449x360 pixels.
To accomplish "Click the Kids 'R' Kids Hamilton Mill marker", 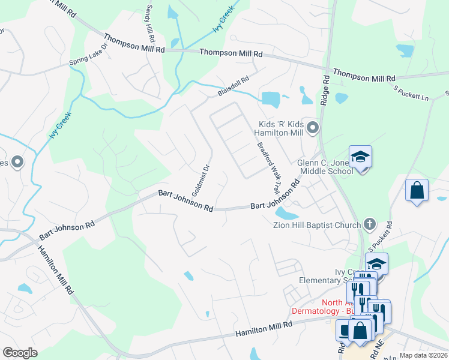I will tap(312, 127).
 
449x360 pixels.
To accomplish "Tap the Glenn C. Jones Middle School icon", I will tap(360, 158).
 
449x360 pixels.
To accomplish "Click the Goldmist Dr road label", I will tap(199, 181).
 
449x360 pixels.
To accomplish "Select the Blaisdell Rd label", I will tap(233, 86).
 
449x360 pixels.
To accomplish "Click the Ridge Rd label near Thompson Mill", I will tap(325, 91).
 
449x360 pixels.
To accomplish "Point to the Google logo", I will tap(20, 353).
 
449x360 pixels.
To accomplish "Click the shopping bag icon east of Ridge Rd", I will tap(417, 191).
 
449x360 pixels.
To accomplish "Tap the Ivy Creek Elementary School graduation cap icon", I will tap(376, 264).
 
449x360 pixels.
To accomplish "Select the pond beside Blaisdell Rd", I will tap(271, 98).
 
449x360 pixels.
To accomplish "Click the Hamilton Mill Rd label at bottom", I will tap(263, 328).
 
